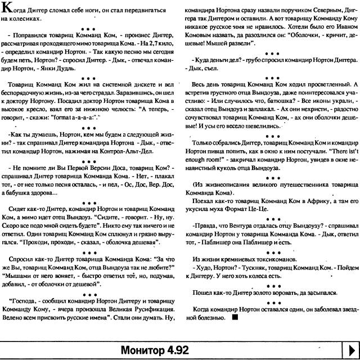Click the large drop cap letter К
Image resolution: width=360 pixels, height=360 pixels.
pos(7,8)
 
